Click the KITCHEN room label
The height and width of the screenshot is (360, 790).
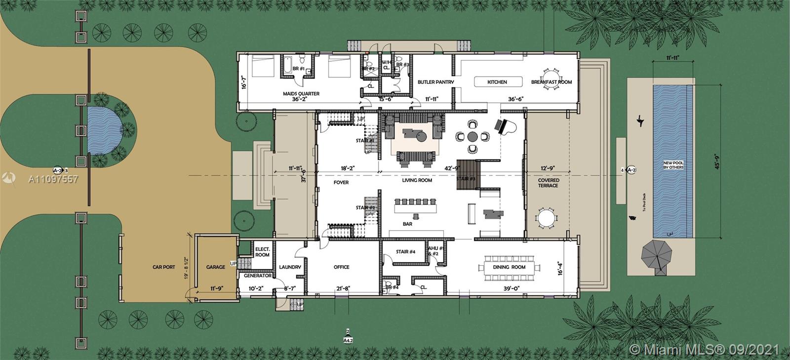pos(497,82)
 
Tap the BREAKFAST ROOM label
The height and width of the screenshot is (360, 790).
pos(551,82)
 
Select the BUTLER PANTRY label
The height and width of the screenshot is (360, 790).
pos(435,82)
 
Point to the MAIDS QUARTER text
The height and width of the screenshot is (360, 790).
pos(301,93)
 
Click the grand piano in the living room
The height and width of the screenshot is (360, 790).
pos(507,126)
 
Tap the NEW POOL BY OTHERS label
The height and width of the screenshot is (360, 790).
pos(673,164)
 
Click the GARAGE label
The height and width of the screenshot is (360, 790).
pos(215,267)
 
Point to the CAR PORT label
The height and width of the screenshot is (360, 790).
pos(163,267)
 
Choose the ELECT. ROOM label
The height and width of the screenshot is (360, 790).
pos(262,252)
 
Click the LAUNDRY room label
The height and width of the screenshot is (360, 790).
pos(290,267)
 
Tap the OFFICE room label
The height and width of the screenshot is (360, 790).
pos(341,267)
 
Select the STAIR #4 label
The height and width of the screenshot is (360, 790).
pos(405,252)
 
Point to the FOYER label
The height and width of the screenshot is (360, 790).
pos(341,182)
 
